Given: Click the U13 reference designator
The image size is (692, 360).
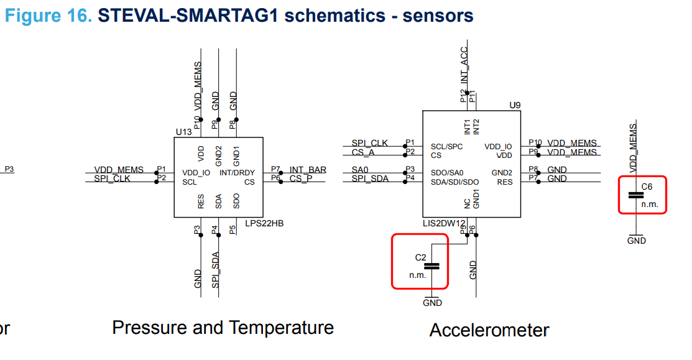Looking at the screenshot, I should click(183, 132).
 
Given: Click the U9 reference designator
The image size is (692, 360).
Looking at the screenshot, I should click(514, 105).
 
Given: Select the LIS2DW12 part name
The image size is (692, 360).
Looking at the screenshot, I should click(444, 223).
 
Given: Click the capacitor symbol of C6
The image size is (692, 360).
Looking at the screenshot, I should click(635, 195).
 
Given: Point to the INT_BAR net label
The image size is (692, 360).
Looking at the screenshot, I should click(308, 170).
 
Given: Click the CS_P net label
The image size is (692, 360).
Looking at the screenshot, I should click(302, 178).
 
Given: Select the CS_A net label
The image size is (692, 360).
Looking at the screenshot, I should click(363, 152).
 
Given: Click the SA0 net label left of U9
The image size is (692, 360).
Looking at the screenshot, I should click(360, 170).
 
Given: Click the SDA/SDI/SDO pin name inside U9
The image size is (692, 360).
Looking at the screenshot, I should click(454, 182).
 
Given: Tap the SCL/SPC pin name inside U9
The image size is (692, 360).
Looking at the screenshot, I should click(446, 147).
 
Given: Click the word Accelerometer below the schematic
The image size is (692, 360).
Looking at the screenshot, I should click(489, 330).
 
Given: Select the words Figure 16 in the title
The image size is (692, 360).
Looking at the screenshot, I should click(48, 16).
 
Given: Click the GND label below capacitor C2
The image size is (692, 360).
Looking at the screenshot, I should click(432, 303).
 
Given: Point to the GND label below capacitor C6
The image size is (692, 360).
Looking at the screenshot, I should click(636, 241).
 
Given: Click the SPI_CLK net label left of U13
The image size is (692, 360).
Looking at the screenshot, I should click(112, 178).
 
